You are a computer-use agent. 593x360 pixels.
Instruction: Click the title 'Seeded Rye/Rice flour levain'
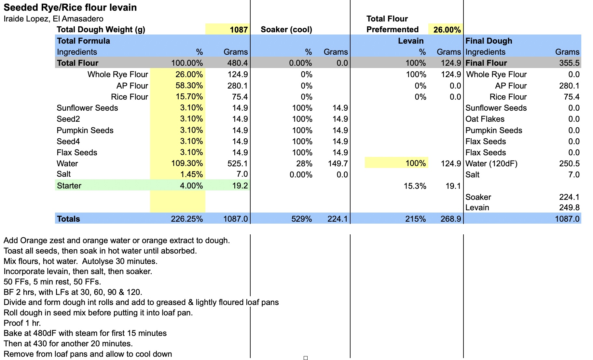coord(70,7)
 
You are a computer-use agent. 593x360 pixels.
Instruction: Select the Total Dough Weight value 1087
coord(239,30)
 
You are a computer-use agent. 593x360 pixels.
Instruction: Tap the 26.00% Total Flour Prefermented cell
coord(447,30)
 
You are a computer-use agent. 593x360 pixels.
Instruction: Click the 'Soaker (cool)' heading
coord(286,30)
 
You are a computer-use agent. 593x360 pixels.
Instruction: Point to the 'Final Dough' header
coord(489,41)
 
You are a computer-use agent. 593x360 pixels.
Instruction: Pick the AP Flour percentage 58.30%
coord(189,86)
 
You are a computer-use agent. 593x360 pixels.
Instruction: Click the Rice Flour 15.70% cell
coord(189,97)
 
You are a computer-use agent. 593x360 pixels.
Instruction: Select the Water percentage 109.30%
coord(187,163)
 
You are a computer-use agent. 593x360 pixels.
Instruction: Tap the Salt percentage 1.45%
coord(191,174)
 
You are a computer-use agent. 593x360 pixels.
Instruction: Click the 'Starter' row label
coord(69,186)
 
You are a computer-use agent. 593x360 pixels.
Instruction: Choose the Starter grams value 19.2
coord(240,186)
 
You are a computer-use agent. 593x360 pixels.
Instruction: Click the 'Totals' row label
coord(68,219)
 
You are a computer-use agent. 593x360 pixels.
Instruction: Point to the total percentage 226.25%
coord(186,219)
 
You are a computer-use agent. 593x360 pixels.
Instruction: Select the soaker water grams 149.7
coord(338,163)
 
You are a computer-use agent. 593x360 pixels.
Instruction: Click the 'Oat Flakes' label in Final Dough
coord(485,119)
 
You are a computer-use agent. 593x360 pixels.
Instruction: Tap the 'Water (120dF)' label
coord(491,163)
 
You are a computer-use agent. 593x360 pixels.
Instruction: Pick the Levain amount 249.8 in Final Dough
coord(569,208)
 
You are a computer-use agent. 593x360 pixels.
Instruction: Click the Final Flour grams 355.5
coord(569,63)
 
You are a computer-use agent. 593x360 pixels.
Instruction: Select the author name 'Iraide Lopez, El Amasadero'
coord(53,19)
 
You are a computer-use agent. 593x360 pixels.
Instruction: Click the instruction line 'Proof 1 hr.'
coord(22,323)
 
